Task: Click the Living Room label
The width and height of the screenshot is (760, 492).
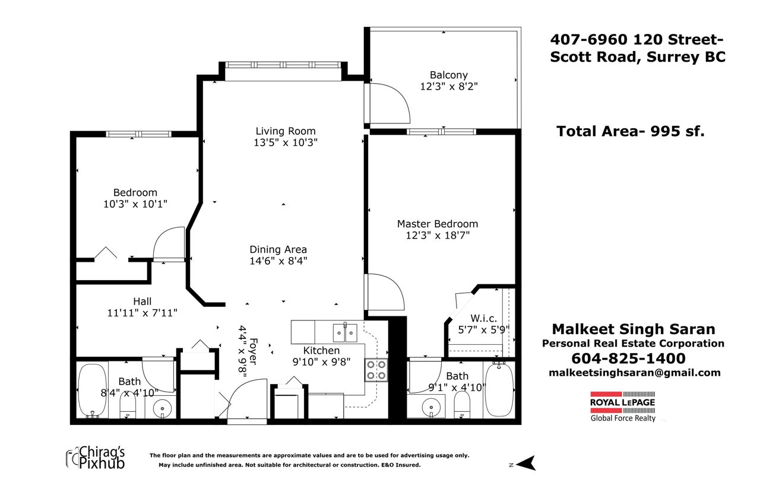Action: pos(286,131)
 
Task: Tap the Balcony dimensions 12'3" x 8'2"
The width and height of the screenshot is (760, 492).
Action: pos(448,87)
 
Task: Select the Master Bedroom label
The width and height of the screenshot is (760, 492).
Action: pos(438,224)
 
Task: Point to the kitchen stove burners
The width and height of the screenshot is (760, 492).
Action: pos(376,370)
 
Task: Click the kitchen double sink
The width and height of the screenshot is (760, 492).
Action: pos(345,333)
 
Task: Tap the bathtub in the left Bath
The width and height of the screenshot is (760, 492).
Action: pos(92,391)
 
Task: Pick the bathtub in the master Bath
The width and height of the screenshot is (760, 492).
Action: pos(499,389)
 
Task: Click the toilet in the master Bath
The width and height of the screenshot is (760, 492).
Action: pos(462,405)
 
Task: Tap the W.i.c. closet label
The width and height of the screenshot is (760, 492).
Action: pos(483,318)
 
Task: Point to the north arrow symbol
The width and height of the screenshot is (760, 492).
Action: pos(525,463)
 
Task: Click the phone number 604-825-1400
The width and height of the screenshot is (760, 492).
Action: pos(628,358)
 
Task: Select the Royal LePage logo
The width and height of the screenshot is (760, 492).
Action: pos(623,406)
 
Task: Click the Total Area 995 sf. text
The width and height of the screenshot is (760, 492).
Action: pos(631,131)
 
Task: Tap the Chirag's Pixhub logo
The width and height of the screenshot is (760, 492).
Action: pos(96,458)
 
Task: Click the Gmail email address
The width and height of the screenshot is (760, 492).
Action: pos(635,373)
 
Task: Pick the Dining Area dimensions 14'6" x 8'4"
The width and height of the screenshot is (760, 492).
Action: pos(278,261)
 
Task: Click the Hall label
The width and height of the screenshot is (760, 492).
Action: pos(142,301)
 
